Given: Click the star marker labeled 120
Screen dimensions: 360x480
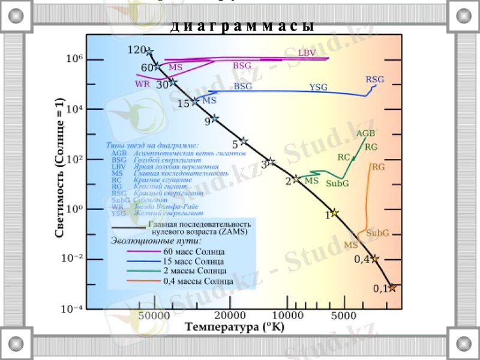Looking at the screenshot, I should tap(149, 52).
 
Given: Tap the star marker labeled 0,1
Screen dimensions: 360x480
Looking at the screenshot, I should tap(392, 288).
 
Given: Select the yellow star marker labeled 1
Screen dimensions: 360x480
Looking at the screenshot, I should tap(335, 212).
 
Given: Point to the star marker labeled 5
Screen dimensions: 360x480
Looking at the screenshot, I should tap(244, 142).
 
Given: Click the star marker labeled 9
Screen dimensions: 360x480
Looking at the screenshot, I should tap(215, 119).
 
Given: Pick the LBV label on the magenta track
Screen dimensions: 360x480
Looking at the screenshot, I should tap(308, 53).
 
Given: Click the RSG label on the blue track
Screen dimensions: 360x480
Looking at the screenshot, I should tap(374, 80).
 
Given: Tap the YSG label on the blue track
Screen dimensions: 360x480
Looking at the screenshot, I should tap(319, 88).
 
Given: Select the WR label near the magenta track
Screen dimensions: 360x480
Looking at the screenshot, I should tap(142, 84).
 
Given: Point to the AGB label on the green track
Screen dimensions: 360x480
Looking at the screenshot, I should tap(365, 133).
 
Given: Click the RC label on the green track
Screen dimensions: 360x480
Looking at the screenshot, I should tap(344, 157).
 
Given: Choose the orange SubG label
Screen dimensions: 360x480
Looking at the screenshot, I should tap(377, 232).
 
